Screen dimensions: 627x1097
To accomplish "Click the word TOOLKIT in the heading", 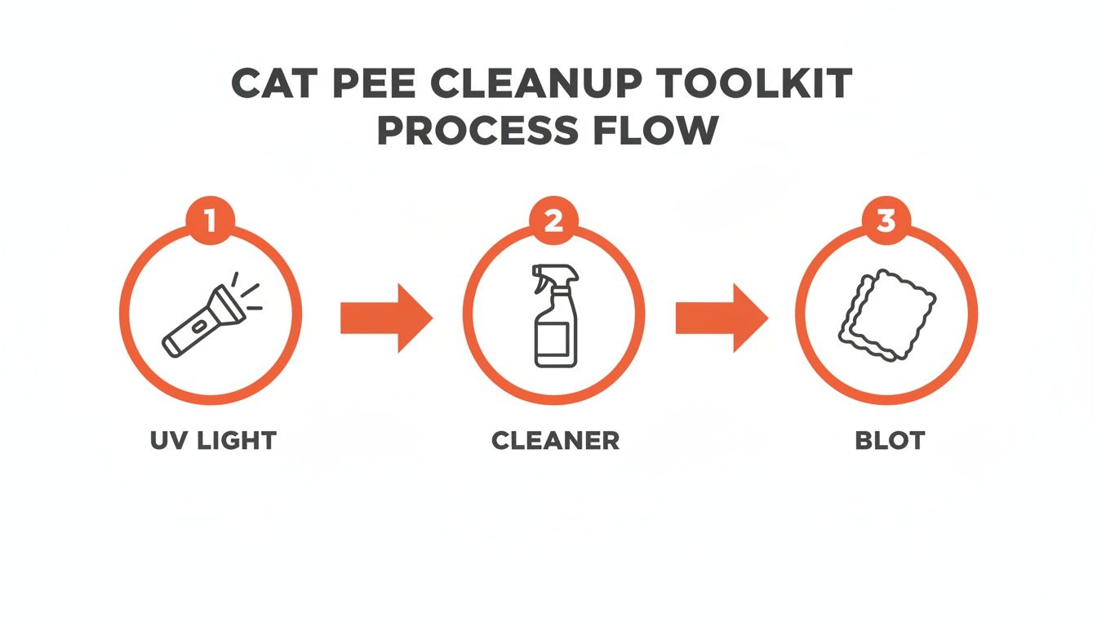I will [x=779, y=84].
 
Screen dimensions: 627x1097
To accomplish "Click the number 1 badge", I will [x=210, y=221].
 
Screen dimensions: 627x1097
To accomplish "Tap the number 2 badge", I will [x=553, y=221].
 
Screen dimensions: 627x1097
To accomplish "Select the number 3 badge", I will [x=886, y=221].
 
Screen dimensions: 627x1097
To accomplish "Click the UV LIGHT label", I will [x=214, y=441].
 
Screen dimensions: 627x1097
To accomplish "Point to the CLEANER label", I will [x=555, y=441].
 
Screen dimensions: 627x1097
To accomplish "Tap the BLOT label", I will [x=890, y=441].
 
